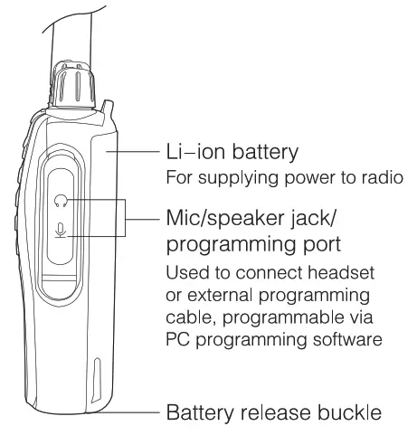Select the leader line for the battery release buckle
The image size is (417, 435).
coord(128,414)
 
